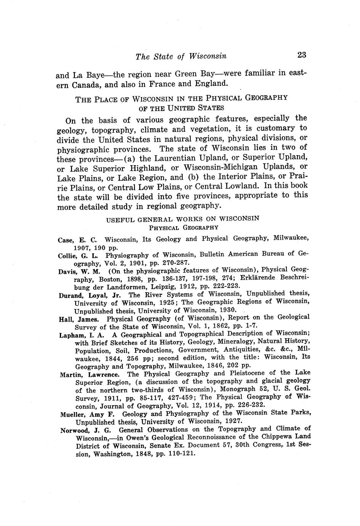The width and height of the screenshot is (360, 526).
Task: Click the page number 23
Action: [x=301, y=55]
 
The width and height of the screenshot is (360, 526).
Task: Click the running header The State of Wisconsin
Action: [x=181, y=56]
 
